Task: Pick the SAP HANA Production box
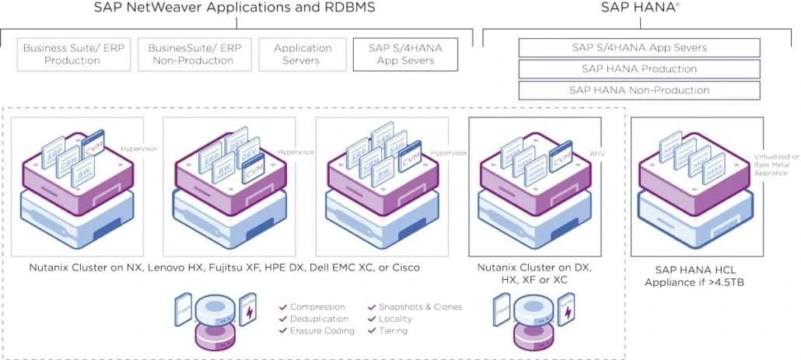pos(639,69)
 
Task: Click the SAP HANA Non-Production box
pos(639,90)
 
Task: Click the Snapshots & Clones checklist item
pos(419,307)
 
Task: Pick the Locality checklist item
pos(396,319)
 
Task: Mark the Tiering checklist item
pos(394,330)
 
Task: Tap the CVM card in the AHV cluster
pos(561,161)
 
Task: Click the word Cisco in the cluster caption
pos(404,267)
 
